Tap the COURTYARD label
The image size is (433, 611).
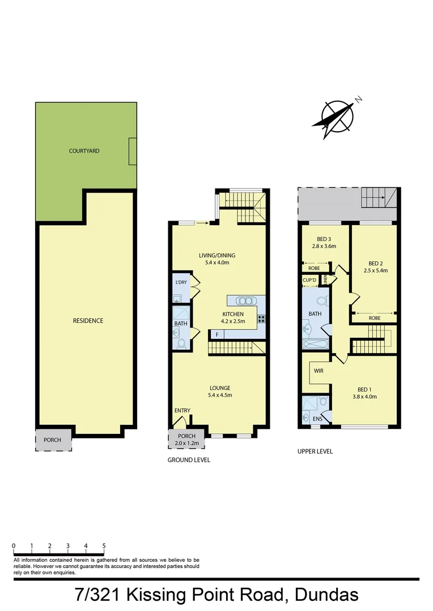tap(84, 151)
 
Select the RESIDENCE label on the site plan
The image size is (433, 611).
tap(88, 321)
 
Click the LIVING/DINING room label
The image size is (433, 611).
tap(216, 255)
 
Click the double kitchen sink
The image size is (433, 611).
tap(244, 301)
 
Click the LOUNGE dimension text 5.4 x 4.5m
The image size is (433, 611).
tap(219, 395)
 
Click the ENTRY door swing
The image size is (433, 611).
tap(181, 421)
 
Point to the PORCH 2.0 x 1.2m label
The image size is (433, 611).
tap(186, 440)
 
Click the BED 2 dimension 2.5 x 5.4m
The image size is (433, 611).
tap(376, 270)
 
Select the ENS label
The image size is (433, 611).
tap(317, 419)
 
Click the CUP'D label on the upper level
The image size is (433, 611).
tap(309, 280)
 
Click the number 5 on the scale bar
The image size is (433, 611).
tap(104, 545)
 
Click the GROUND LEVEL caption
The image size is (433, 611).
tap(189, 460)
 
